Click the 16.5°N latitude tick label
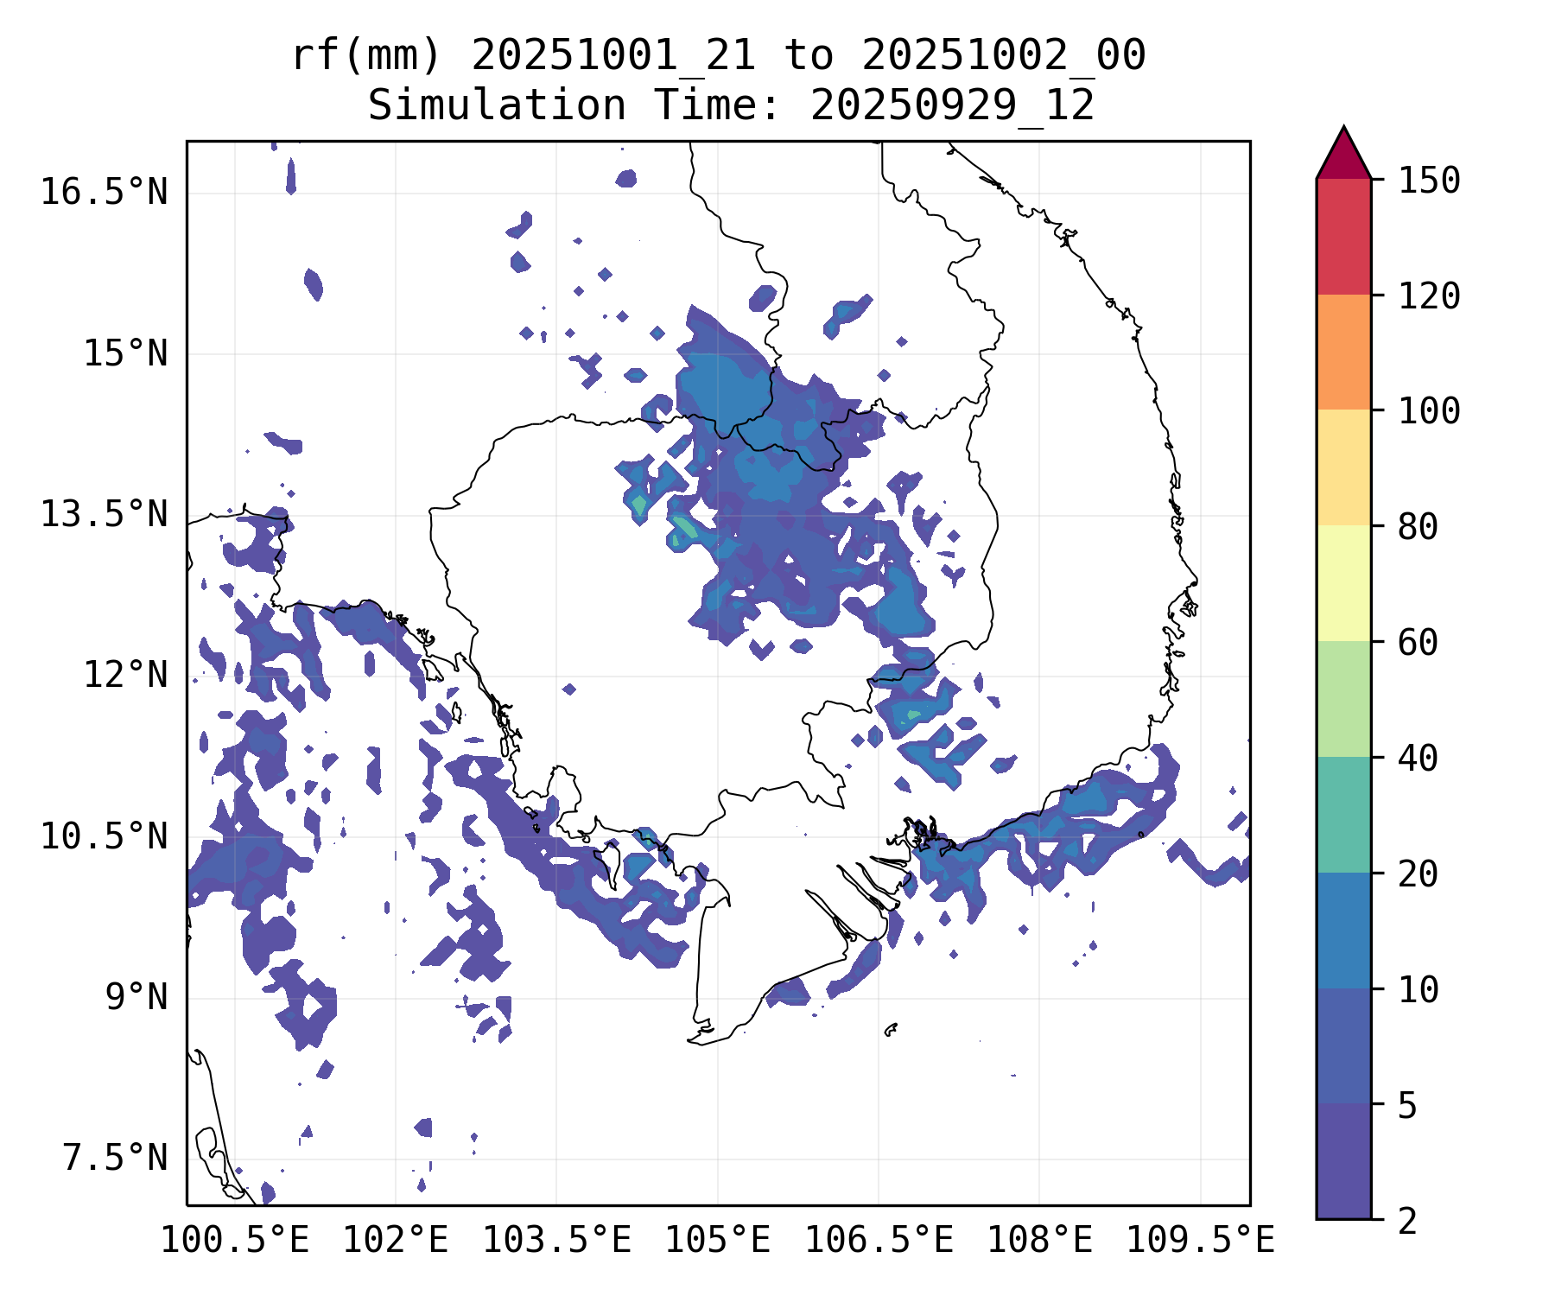(x=104, y=192)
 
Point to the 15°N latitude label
(x=125, y=353)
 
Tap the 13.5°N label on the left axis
(x=104, y=514)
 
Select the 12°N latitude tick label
(x=125, y=675)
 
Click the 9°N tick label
(x=136, y=997)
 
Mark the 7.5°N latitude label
(x=115, y=1158)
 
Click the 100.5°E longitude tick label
(x=235, y=1241)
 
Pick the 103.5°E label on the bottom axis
(x=556, y=1241)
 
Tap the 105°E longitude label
(x=717, y=1241)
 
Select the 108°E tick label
(x=1039, y=1241)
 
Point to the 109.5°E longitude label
(x=1200, y=1241)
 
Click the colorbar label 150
(x=1430, y=181)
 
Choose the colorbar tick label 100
(x=1430, y=410)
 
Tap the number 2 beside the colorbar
(x=1408, y=1221)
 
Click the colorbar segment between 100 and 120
(x=1343, y=352)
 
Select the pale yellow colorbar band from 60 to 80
(x=1343, y=583)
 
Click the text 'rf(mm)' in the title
(x=365, y=56)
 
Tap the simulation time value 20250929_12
(x=952, y=106)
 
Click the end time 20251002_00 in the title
(x=1004, y=56)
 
